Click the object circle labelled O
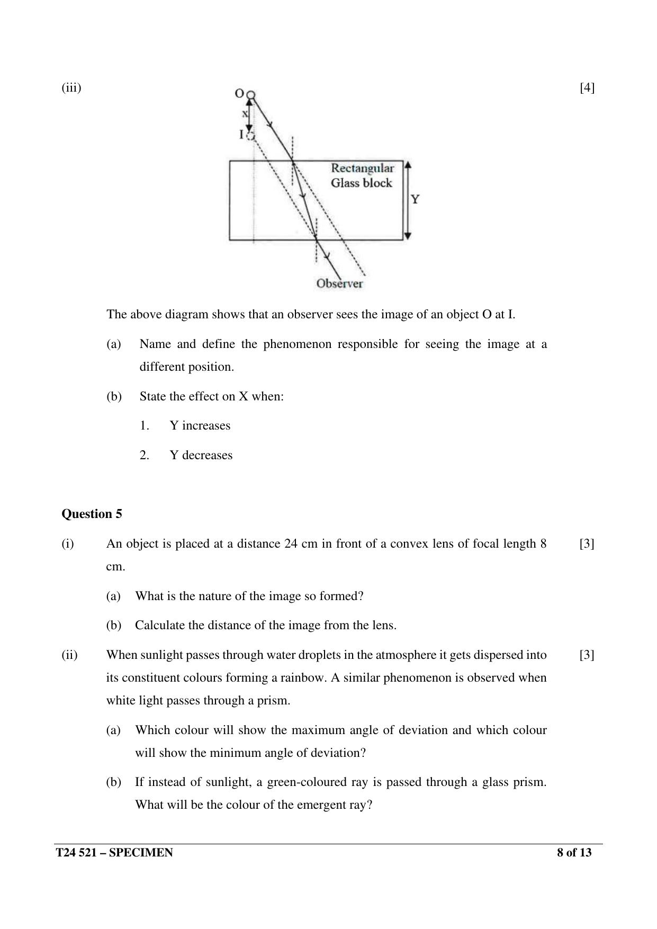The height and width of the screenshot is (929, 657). click(251, 95)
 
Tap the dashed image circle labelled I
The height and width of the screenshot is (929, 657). click(251, 136)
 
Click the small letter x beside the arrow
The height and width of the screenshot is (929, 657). click(245, 113)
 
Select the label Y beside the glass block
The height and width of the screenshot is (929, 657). click(415, 200)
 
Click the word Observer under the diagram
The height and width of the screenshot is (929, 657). click(339, 283)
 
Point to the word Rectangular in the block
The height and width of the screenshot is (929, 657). click(362, 168)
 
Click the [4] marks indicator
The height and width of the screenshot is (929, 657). click(587, 87)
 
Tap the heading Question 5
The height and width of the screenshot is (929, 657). click(92, 514)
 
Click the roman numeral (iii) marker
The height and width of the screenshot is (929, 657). click(71, 87)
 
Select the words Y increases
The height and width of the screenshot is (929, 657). click(200, 425)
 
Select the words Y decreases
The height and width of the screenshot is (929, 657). click(201, 455)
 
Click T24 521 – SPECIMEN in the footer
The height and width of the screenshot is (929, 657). click(114, 853)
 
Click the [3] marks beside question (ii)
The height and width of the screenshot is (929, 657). click(587, 655)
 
